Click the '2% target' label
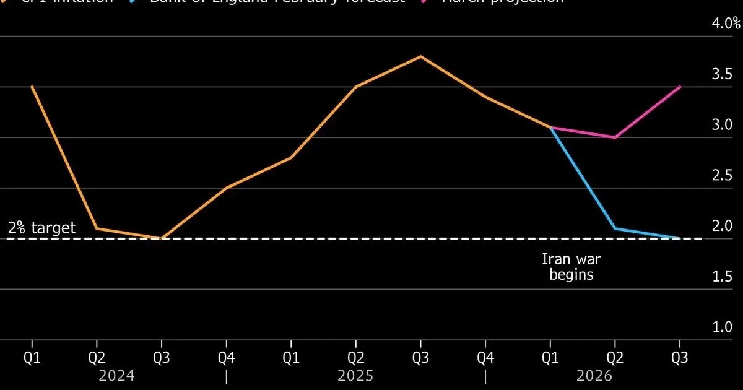41,228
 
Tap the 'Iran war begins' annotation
571,267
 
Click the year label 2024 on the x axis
117,376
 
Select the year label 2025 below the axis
355,376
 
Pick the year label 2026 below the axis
594,376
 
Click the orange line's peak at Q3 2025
420,56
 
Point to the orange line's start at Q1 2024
32,87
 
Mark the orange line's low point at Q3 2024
162,238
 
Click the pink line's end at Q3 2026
680,87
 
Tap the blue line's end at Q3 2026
680,238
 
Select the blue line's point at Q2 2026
615,228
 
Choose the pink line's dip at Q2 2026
615,137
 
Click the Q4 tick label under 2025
485,358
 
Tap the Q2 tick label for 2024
97,358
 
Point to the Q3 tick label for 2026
680,358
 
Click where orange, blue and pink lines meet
550,128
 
